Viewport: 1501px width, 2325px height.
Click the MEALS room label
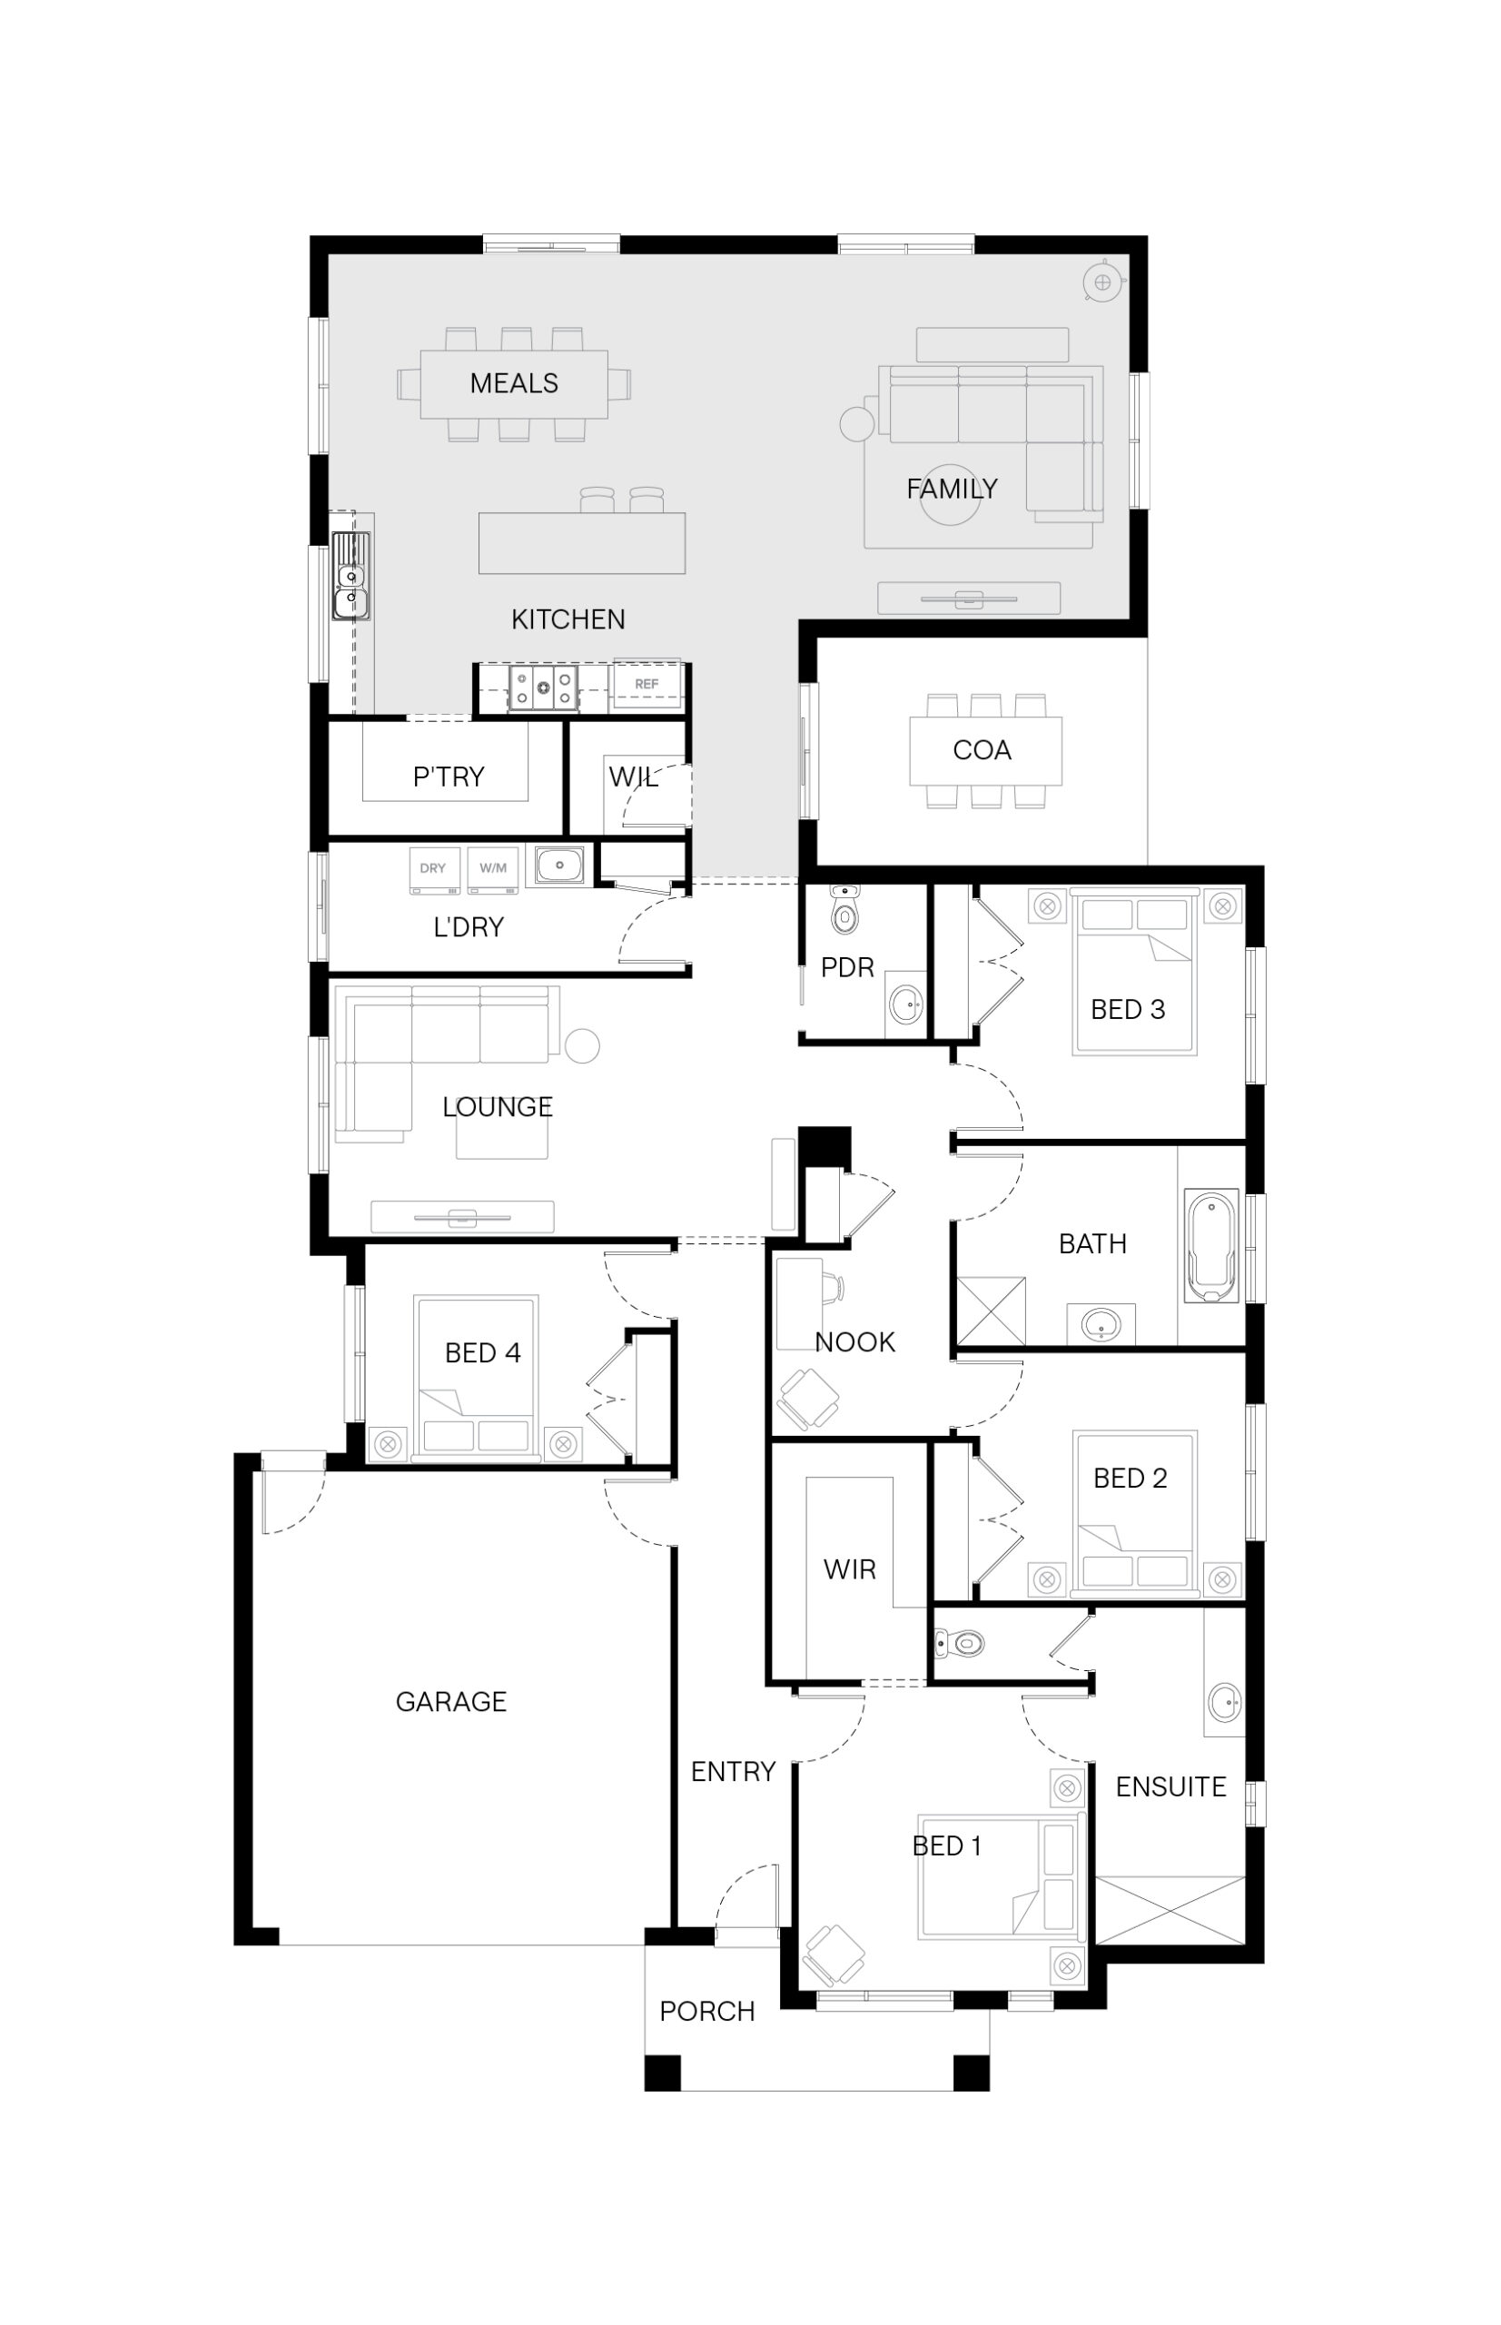[514, 383]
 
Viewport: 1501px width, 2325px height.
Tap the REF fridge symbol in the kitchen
[647, 687]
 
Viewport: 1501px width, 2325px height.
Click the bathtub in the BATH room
[1211, 1245]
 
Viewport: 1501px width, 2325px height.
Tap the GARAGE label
[450, 1701]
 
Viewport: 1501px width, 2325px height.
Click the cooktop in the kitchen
[543, 688]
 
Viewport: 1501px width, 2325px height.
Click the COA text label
[982, 749]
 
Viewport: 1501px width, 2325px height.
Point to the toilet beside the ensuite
[959, 1644]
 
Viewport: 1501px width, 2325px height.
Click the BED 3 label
[1128, 1009]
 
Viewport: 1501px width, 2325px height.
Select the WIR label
[849, 1569]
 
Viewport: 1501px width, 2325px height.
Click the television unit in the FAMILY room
[968, 599]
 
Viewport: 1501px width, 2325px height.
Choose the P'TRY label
[449, 776]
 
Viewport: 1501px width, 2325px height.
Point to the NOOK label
[854, 1342]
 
